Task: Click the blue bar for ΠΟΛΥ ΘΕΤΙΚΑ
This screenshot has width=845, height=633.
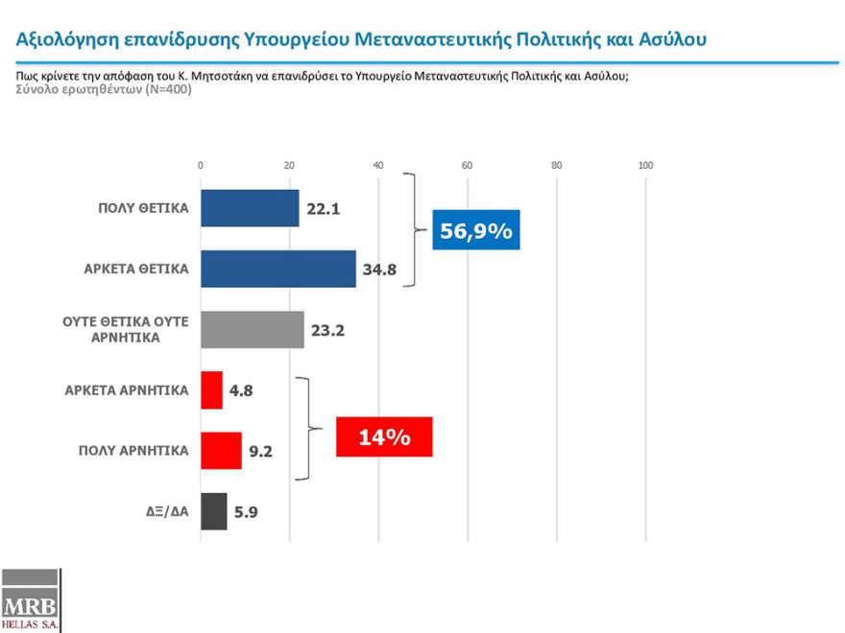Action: point(250,208)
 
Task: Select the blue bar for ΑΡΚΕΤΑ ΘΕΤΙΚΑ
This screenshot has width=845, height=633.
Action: point(278,269)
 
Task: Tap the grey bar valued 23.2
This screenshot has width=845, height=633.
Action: point(252,329)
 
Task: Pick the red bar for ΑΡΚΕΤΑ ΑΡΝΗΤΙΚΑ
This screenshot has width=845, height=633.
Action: point(211,390)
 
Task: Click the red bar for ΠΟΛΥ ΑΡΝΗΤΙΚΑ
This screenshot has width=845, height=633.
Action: point(221,451)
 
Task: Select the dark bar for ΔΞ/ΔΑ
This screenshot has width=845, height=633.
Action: point(213,511)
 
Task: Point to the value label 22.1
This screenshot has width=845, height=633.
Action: point(325,208)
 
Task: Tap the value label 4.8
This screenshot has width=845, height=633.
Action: point(244,391)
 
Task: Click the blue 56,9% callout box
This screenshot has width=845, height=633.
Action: point(476,230)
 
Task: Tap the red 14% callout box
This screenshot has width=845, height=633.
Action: point(384,437)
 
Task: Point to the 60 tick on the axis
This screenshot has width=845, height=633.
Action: point(468,166)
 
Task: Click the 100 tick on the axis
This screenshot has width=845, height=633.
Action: point(645,166)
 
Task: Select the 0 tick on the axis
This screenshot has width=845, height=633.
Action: point(200,166)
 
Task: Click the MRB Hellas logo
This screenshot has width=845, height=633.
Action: point(31,600)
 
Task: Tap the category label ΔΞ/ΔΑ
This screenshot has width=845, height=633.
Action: point(160,511)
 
